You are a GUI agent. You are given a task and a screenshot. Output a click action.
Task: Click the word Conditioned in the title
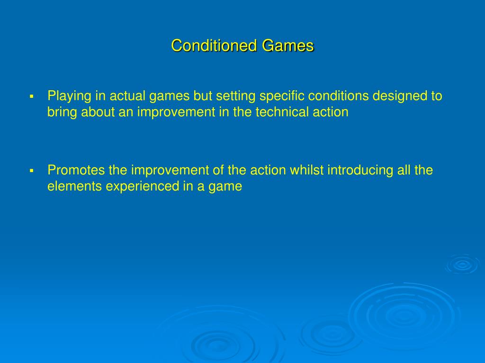pos(214,46)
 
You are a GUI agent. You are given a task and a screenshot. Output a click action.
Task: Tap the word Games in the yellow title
pos(288,46)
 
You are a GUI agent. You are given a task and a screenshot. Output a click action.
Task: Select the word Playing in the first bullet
pos(69,96)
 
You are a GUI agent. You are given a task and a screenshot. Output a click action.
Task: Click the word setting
pos(235,96)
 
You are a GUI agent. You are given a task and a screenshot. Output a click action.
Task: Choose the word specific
pos(282,96)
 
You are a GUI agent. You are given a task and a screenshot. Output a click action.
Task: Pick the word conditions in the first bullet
pos(338,96)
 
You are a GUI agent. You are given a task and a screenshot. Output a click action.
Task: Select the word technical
pos(282,112)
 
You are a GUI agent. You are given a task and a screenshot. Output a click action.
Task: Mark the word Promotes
pos(76,170)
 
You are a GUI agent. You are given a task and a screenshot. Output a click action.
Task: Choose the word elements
pos(74,186)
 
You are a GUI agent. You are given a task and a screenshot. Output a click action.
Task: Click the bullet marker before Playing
pos(32,96)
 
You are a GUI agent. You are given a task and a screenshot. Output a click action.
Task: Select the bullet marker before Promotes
pos(32,171)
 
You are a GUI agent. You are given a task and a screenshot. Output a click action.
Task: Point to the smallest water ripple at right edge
pos(462,264)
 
